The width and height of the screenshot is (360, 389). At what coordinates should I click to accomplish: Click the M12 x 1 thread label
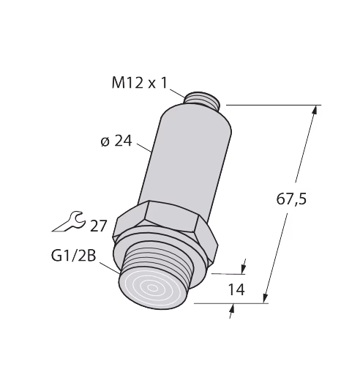(x=140, y=83)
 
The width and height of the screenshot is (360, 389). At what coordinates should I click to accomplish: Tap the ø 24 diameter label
(x=116, y=141)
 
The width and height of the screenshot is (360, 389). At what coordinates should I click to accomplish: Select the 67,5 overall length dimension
(x=291, y=199)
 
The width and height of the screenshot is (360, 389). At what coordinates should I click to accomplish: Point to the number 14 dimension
(x=236, y=289)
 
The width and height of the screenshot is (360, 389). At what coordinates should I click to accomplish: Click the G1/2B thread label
(x=73, y=256)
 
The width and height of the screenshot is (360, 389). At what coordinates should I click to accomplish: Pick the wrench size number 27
(x=98, y=226)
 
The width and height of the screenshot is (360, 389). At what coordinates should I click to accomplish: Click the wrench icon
(x=69, y=221)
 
